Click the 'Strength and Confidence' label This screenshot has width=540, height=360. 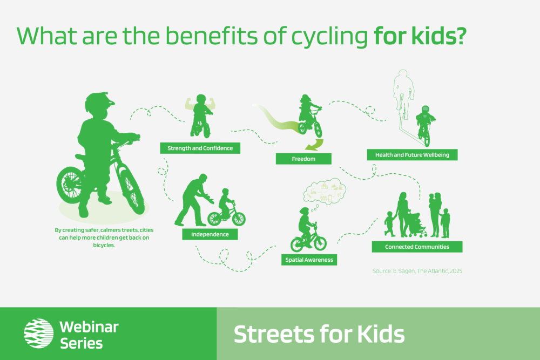point(200,148)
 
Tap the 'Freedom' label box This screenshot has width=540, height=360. point(303,159)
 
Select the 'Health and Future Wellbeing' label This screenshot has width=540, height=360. point(412,155)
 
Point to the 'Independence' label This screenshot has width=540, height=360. point(210,234)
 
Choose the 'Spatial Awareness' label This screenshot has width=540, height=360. point(309,260)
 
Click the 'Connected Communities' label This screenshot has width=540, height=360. point(417,247)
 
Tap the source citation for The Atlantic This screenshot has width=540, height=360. point(417,271)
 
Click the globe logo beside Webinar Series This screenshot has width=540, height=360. point(38,333)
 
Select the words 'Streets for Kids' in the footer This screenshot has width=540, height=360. point(319,334)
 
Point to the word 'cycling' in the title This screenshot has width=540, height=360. point(329,37)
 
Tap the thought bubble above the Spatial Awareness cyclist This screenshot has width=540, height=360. point(325,192)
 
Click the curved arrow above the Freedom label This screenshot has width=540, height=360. point(315,145)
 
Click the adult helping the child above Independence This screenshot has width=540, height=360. point(194,200)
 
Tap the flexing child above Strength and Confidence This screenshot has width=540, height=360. point(201,116)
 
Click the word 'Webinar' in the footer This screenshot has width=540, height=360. point(89,327)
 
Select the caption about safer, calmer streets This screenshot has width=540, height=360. point(104,237)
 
